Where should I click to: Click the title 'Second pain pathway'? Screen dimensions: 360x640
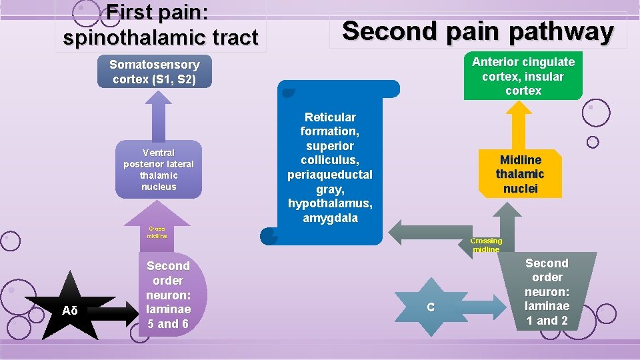pyautogui.click(x=477, y=31)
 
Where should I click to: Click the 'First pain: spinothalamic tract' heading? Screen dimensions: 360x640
pyautogui.click(x=161, y=25)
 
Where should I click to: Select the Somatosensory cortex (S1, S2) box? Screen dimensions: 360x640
pyautogui.click(x=155, y=72)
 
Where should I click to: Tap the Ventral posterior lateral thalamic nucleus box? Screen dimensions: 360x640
pyautogui.click(x=159, y=169)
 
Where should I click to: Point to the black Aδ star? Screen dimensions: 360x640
pyautogui.click(x=70, y=309)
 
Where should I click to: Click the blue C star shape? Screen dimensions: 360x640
pyautogui.click(x=431, y=307)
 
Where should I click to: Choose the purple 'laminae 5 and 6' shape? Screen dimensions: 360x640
pyautogui.click(x=170, y=295)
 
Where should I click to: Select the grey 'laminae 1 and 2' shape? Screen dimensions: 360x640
pyautogui.click(x=547, y=292)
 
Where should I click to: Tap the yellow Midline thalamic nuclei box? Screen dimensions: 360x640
pyautogui.click(x=520, y=174)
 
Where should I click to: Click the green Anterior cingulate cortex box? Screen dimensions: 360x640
pyautogui.click(x=523, y=76)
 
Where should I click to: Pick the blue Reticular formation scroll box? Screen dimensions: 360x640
pyautogui.click(x=330, y=167)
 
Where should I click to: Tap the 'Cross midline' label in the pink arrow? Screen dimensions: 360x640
pyautogui.click(x=157, y=232)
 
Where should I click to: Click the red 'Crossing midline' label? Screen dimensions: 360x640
pyautogui.click(x=486, y=245)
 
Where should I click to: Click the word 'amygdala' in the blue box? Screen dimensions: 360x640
pyautogui.click(x=330, y=218)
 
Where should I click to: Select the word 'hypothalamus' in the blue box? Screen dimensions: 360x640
pyautogui.click(x=330, y=203)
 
